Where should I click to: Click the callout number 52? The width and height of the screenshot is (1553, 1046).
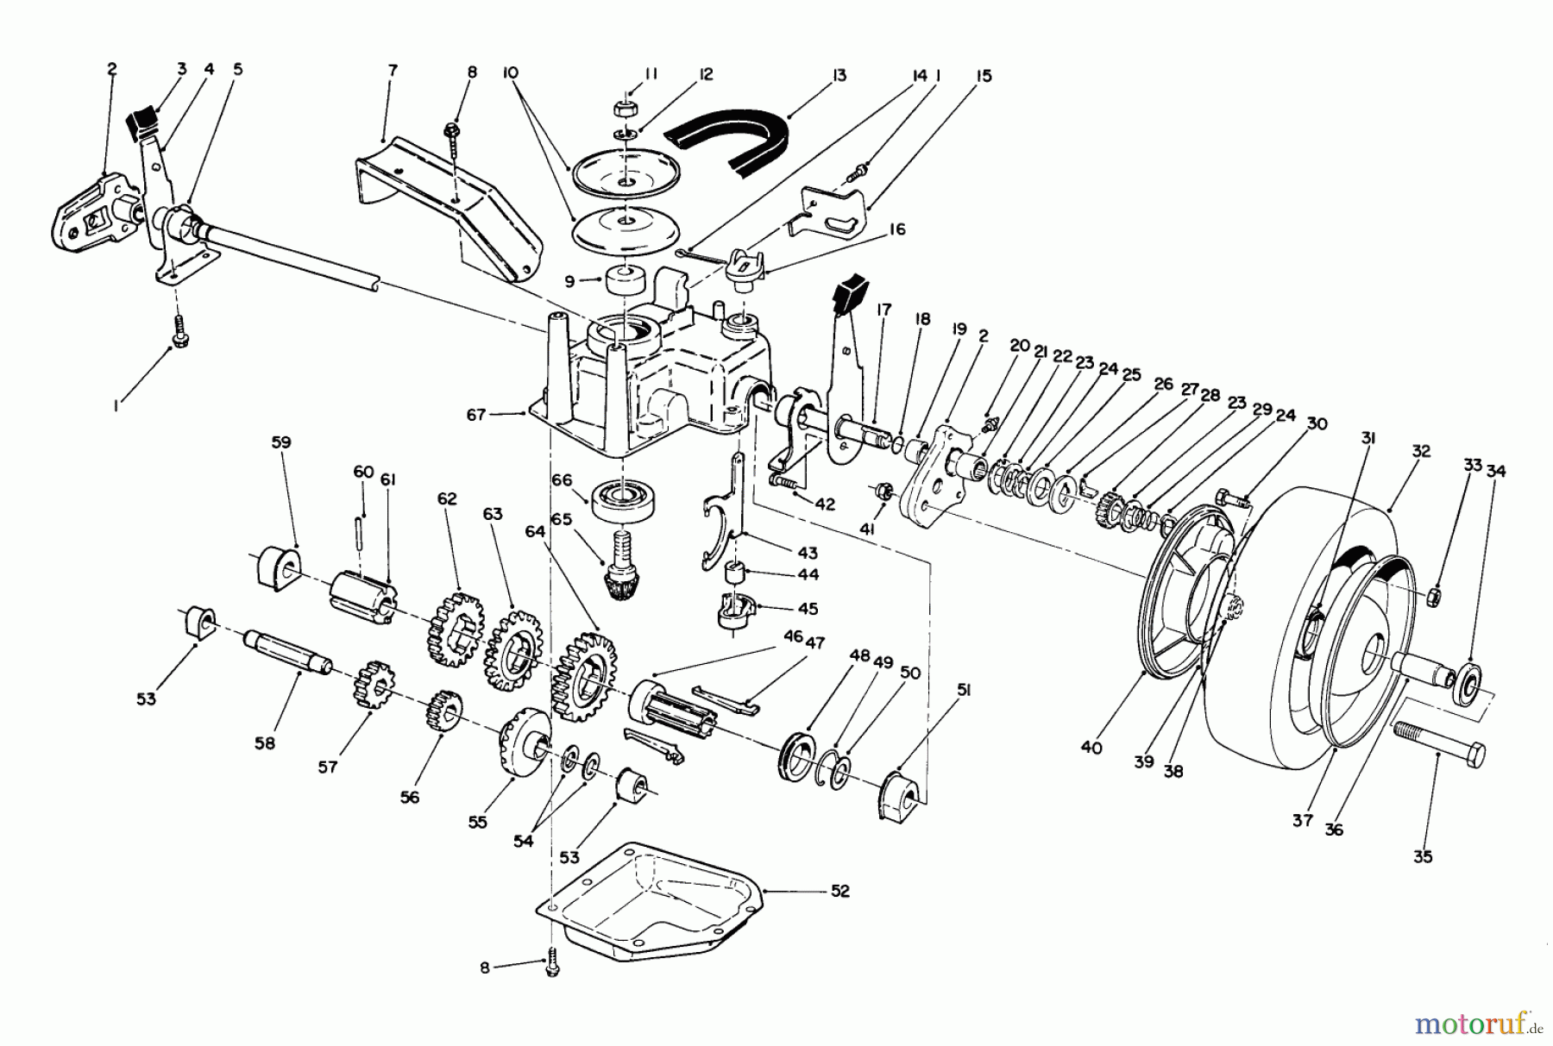point(839,891)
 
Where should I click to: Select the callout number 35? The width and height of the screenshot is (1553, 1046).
point(1423,856)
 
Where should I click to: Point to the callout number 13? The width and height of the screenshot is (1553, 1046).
point(839,76)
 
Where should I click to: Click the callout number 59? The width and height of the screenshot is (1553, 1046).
point(280,442)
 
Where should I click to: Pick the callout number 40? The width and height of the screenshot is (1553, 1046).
point(1091,748)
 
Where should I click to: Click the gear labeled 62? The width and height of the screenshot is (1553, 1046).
point(450,628)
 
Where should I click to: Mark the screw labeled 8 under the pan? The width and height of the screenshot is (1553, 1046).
point(553,968)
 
